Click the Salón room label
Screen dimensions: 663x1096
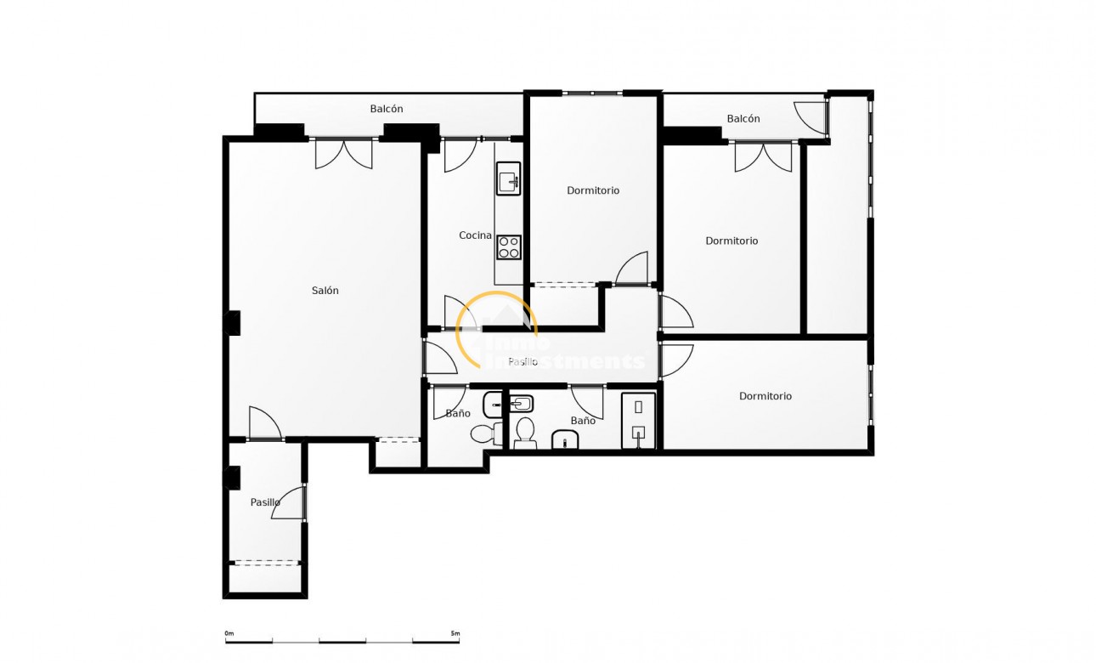pyautogui.click(x=325, y=291)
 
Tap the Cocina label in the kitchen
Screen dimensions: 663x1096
pyautogui.click(x=475, y=235)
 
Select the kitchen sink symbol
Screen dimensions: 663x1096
pyautogui.click(x=509, y=178)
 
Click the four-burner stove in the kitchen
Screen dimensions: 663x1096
pyautogui.click(x=509, y=247)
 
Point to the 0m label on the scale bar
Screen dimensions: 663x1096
pyautogui.click(x=229, y=633)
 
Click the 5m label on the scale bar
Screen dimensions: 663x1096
pyautogui.click(x=455, y=633)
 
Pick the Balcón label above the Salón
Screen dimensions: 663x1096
pyautogui.click(x=387, y=109)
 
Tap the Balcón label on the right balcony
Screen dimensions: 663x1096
pyautogui.click(x=743, y=119)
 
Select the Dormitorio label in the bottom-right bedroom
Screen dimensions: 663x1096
pyautogui.click(x=765, y=396)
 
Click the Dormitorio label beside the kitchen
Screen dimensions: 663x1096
pyautogui.click(x=593, y=190)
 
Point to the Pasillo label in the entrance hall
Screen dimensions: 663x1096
pyautogui.click(x=265, y=502)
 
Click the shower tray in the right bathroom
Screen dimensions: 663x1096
pyautogui.click(x=638, y=420)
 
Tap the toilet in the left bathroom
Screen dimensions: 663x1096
pyautogui.click(x=486, y=433)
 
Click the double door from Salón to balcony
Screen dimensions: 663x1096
pyautogui.click(x=344, y=153)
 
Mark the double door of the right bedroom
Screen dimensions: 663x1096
pyautogui.click(x=763, y=157)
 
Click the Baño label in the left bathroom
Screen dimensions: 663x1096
pyautogui.click(x=458, y=414)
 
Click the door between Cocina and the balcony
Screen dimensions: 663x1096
pyautogui.click(x=460, y=155)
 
